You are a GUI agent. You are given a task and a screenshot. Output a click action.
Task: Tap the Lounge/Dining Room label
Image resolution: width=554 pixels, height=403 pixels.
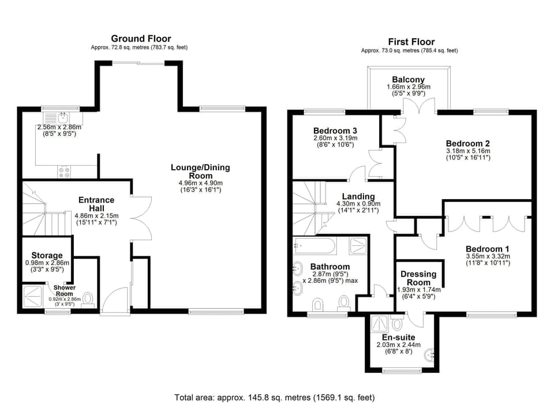click(x=200, y=171)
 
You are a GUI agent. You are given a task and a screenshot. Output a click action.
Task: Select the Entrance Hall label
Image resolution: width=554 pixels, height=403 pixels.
click(x=96, y=204)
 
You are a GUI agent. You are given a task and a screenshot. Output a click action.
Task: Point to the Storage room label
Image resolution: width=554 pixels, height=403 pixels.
click(x=47, y=255)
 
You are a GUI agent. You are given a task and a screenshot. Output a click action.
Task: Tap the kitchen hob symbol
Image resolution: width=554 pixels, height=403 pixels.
click(x=64, y=171)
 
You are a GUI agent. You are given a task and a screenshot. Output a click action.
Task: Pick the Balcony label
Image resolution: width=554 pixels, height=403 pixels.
click(x=408, y=80)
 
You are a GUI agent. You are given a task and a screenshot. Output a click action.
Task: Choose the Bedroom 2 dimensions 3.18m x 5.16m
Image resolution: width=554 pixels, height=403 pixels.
click(x=467, y=151)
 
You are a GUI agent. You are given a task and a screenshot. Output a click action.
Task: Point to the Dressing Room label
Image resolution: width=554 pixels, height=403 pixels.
click(x=418, y=278)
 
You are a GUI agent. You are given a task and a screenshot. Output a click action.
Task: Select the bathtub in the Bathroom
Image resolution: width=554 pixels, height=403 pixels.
click(x=315, y=246)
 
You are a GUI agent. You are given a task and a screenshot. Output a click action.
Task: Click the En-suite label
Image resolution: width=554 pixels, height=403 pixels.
click(x=399, y=337)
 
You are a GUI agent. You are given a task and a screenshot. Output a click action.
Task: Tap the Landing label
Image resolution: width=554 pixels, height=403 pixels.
click(x=358, y=196)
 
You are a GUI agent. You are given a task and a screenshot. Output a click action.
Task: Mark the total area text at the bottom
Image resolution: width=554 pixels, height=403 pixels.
click(x=275, y=397)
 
